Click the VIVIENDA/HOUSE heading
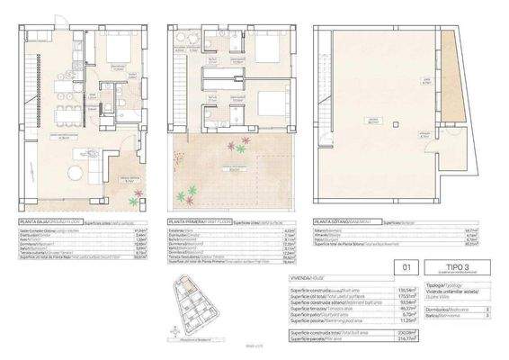[315, 279]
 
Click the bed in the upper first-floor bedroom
[265, 47]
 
